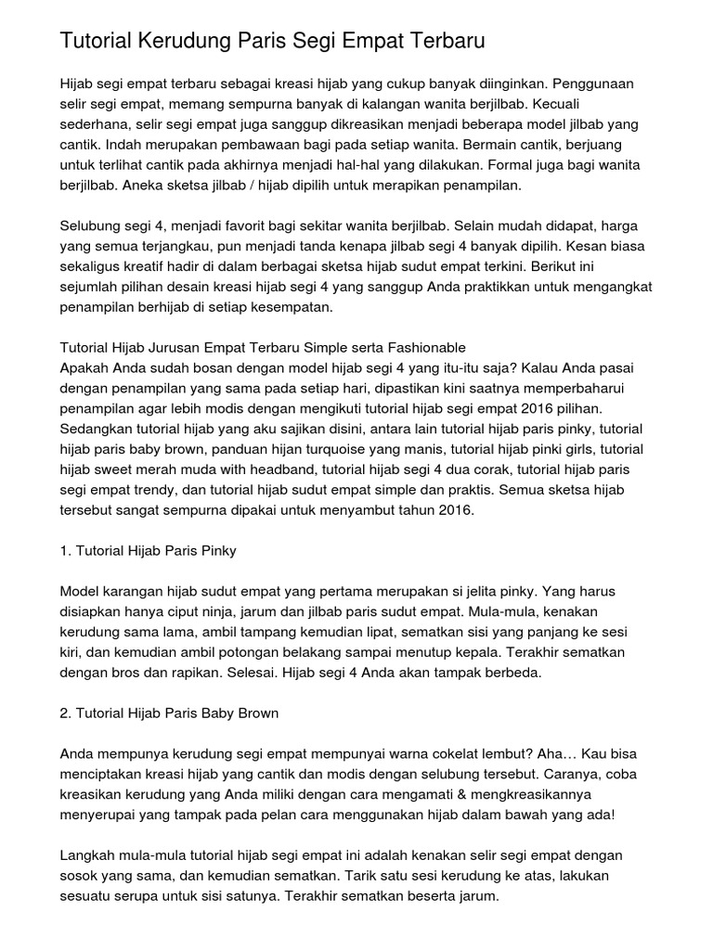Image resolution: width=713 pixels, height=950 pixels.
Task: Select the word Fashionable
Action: (x=417, y=348)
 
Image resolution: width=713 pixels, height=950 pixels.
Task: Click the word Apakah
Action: (x=86, y=368)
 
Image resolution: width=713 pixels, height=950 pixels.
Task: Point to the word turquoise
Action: (x=326, y=449)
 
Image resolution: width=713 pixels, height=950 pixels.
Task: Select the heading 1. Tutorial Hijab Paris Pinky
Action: (x=149, y=550)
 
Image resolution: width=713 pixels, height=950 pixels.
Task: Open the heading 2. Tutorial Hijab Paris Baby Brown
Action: (x=170, y=713)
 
